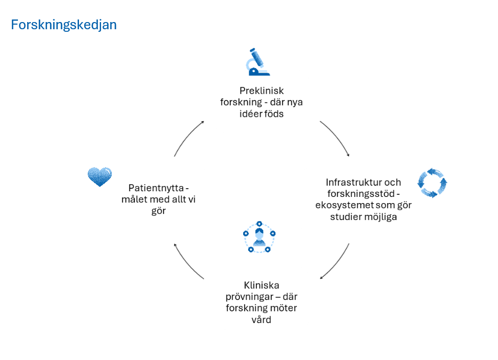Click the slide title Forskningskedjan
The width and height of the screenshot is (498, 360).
tap(64, 25)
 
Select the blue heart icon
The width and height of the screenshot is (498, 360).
tap(99, 176)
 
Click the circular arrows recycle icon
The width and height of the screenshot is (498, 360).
tap(432, 183)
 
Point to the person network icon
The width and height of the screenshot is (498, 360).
tap(258, 237)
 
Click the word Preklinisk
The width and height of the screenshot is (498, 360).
tap(262, 90)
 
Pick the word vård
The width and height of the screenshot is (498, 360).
tap(262, 320)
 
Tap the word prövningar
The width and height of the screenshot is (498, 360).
tap(249, 297)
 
